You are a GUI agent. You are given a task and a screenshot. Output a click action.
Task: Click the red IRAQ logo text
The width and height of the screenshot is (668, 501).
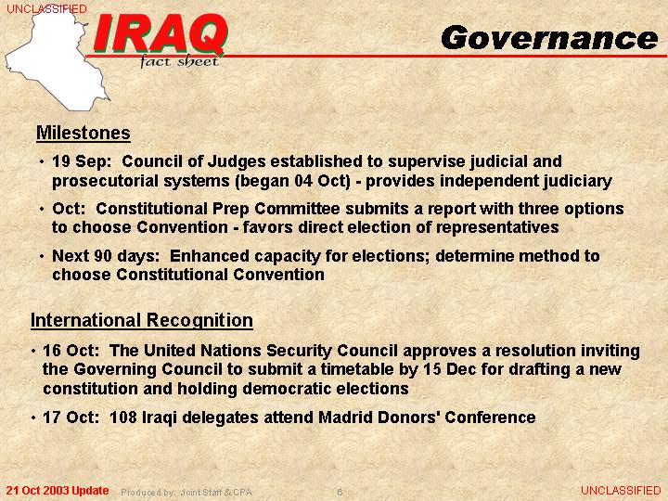click(161, 34)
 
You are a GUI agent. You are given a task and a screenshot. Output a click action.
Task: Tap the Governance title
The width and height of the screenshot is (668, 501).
click(549, 38)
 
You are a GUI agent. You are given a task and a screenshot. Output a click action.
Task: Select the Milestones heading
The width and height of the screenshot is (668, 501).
click(83, 133)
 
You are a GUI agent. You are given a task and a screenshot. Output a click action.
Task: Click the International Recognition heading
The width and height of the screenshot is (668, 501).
click(142, 320)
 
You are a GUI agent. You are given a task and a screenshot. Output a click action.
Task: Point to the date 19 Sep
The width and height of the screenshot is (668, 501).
click(81, 161)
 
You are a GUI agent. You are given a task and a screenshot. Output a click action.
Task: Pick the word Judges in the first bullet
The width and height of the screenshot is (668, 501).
click(237, 162)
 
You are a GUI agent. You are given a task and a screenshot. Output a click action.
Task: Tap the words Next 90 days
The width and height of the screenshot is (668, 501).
click(106, 256)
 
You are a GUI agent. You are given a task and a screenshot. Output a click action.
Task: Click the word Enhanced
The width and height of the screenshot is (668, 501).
click(210, 256)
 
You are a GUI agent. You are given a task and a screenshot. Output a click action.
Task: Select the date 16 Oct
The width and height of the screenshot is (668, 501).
click(71, 350)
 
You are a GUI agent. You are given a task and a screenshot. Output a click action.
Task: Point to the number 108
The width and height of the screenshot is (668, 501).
click(123, 417)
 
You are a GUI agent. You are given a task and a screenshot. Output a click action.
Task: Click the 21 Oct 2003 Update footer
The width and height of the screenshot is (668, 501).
click(58, 491)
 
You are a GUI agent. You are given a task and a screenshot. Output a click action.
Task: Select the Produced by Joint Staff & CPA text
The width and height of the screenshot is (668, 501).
click(186, 493)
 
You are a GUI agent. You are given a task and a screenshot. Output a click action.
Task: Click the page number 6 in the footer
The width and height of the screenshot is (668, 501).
click(340, 492)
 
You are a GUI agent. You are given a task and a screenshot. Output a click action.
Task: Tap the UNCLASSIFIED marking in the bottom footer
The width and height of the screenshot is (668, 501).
click(621, 491)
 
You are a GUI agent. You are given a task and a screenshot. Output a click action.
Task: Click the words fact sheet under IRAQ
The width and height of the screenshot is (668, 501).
click(179, 62)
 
